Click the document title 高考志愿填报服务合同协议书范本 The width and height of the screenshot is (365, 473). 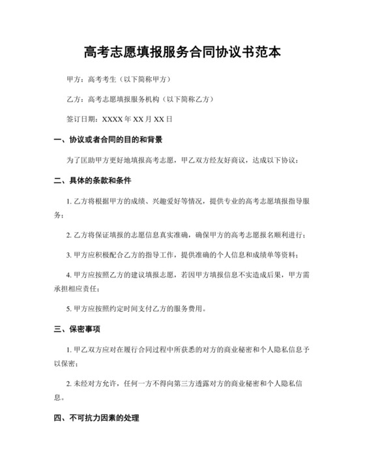182,52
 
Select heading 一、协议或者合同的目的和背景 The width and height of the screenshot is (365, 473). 108,140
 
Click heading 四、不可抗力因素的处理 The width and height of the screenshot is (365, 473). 96,417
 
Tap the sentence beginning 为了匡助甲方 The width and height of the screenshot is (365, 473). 182,160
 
